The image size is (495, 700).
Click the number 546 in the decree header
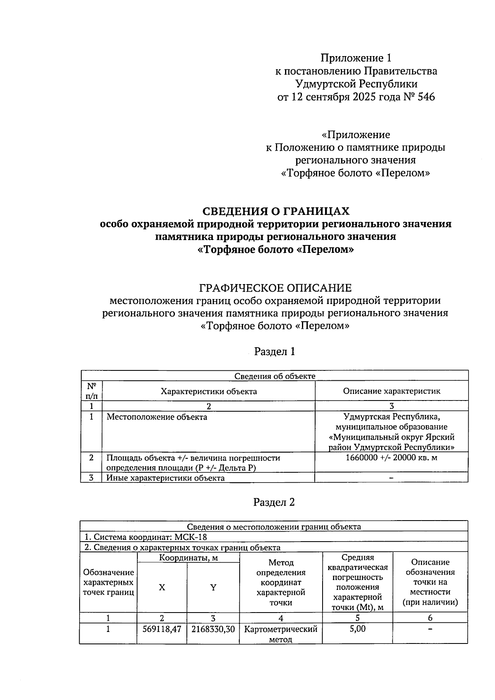click(x=426, y=97)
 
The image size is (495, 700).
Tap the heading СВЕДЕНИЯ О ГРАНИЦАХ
click(x=276, y=211)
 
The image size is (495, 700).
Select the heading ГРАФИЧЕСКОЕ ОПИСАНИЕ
click(x=276, y=288)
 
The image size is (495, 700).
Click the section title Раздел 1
click(x=274, y=351)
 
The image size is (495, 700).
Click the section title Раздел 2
click(x=274, y=502)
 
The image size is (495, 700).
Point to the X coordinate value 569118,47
click(x=162, y=629)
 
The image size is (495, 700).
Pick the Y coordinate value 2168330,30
click(x=213, y=629)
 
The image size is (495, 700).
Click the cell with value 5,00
click(x=357, y=629)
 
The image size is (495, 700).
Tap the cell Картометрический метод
click(x=280, y=634)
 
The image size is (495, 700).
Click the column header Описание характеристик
click(x=391, y=391)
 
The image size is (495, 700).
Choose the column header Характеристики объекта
click(x=209, y=391)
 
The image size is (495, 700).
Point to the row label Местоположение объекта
click(x=157, y=417)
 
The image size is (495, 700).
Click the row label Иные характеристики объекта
click(x=165, y=478)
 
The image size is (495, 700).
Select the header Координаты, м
click(x=189, y=558)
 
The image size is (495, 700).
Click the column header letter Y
click(x=213, y=587)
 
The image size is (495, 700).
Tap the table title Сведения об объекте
click(x=274, y=376)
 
